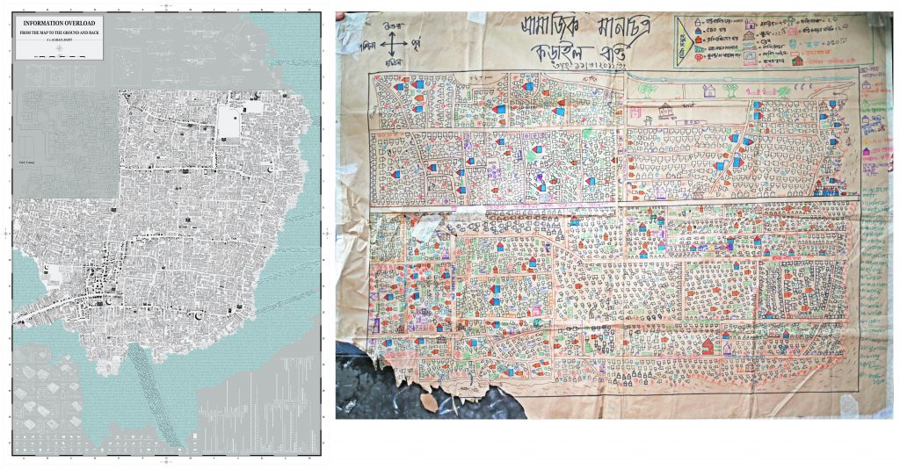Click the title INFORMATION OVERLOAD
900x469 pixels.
pyautogui.click(x=58, y=22)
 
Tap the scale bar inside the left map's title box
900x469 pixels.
pyautogui.click(x=58, y=54)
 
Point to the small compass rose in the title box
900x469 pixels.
pyautogui.click(x=58, y=46)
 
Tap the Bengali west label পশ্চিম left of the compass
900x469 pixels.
pyautogui.click(x=367, y=42)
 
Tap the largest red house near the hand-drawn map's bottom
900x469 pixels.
pyautogui.click(x=708, y=346)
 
